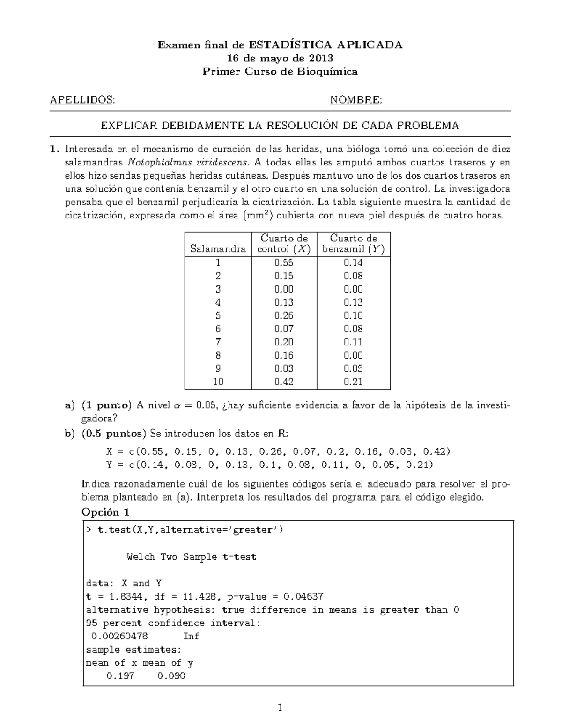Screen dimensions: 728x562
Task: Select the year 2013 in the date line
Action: (x=321, y=58)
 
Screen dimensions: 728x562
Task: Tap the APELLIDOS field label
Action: (x=82, y=99)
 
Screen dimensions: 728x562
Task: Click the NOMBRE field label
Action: (x=355, y=99)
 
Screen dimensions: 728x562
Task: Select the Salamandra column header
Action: (x=218, y=249)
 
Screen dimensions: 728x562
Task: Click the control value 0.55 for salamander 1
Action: (x=284, y=263)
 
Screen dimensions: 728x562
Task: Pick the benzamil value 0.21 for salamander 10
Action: (x=353, y=382)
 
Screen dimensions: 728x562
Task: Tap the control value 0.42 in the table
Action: (x=284, y=382)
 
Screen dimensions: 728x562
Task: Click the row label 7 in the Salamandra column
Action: (x=218, y=342)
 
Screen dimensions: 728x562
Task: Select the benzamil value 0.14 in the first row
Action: (x=353, y=263)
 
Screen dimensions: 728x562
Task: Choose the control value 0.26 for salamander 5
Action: (x=284, y=315)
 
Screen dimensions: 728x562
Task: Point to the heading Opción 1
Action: (x=105, y=511)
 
